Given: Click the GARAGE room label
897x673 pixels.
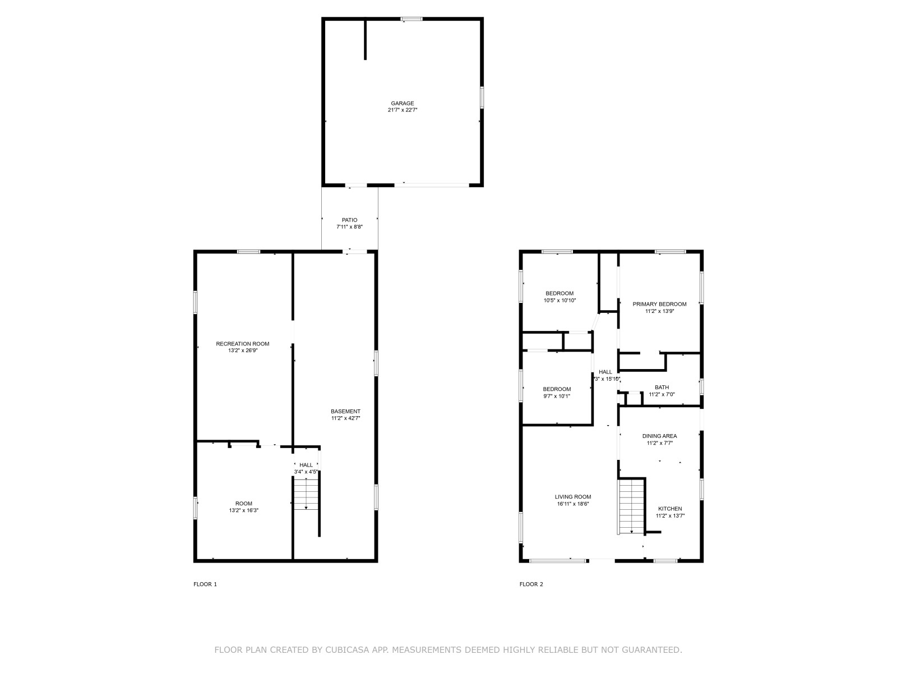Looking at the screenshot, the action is coord(402,103).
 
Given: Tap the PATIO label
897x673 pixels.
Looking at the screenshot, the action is coord(349,220).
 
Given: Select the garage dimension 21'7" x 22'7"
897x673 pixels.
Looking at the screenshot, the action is coord(402,110).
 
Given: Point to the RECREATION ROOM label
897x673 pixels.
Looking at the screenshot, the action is coord(242,344).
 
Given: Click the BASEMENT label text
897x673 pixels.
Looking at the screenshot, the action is coord(345,411).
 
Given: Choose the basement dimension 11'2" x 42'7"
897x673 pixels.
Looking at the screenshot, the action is coord(345,418).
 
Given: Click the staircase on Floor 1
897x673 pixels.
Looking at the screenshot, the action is coord(306,495).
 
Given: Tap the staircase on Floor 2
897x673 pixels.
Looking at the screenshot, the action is coord(631,506).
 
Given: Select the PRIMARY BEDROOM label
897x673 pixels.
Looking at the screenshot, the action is coord(659,304).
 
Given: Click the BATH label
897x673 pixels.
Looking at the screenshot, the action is coord(662,388).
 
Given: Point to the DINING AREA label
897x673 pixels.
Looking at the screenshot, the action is coord(659,436).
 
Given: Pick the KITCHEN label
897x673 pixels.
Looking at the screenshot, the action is coord(670,509).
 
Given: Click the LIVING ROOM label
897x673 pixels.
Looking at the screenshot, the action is coord(572,497).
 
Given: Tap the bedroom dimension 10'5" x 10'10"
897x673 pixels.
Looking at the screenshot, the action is coord(560,301).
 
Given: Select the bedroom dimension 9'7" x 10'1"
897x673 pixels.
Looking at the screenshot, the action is coord(557,396).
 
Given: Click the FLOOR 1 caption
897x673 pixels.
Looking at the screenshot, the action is coord(205,584).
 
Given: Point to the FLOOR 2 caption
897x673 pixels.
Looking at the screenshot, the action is coord(531,584).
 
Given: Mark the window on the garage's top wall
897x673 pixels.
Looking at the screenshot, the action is coord(411,19).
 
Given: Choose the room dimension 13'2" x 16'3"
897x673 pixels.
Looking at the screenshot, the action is coord(243,510).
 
